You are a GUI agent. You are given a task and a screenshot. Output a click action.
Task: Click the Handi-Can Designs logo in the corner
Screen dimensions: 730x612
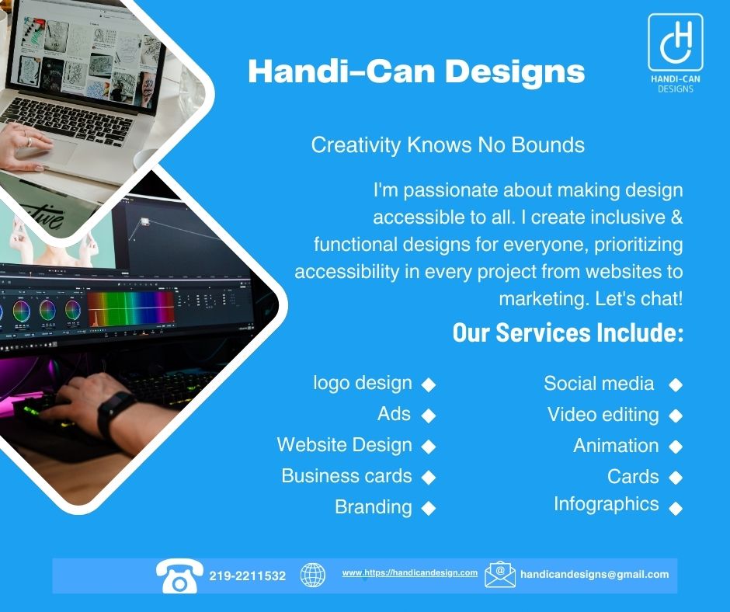(x=675, y=53)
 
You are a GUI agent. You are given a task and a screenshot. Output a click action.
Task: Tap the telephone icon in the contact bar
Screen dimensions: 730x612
(x=179, y=576)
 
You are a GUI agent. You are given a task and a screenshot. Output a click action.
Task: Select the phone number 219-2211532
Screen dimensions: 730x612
(x=247, y=576)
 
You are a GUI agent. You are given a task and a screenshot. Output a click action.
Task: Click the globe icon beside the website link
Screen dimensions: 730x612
(x=313, y=575)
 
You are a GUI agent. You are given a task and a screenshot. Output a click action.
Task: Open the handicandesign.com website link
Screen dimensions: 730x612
(x=410, y=573)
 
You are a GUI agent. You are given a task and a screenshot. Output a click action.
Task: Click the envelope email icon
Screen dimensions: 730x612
(x=500, y=575)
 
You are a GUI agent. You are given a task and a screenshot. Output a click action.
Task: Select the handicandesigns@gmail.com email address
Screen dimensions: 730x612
(x=595, y=575)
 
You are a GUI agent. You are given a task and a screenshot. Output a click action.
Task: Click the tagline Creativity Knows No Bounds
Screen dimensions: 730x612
(x=448, y=145)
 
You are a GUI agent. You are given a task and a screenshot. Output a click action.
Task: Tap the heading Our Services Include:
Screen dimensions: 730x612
(x=568, y=332)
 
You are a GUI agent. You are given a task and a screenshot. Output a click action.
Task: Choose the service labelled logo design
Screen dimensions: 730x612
(x=363, y=384)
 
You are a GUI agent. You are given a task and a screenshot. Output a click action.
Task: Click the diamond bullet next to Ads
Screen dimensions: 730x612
(x=429, y=416)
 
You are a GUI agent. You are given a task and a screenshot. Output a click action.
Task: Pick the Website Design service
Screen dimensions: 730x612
(x=345, y=445)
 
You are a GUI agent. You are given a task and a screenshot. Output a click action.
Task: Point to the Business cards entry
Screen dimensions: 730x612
(x=347, y=476)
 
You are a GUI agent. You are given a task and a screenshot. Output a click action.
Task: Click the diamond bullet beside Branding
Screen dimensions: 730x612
(x=429, y=508)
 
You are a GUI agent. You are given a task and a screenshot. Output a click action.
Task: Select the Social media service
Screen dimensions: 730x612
(x=599, y=384)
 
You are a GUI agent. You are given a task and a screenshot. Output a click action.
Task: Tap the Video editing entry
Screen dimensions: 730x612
(x=603, y=415)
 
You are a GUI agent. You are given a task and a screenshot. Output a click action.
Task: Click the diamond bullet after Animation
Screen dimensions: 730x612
(x=676, y=447)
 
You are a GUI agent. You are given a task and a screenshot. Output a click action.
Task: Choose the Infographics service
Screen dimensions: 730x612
(x=607, y=504)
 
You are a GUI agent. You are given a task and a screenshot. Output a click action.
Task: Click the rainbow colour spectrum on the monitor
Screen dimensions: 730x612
(x=130, y=309)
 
